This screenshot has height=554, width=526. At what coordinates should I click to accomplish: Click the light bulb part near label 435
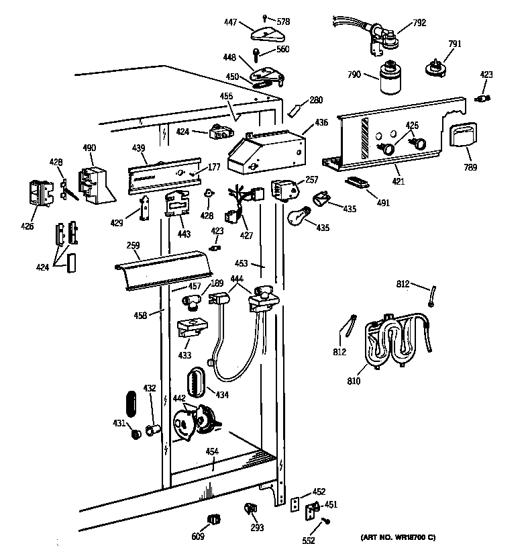click(297, 216)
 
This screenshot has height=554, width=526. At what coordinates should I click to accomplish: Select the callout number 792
click(419, 22)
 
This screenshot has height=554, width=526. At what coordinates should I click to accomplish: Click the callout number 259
click(134, 246)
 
